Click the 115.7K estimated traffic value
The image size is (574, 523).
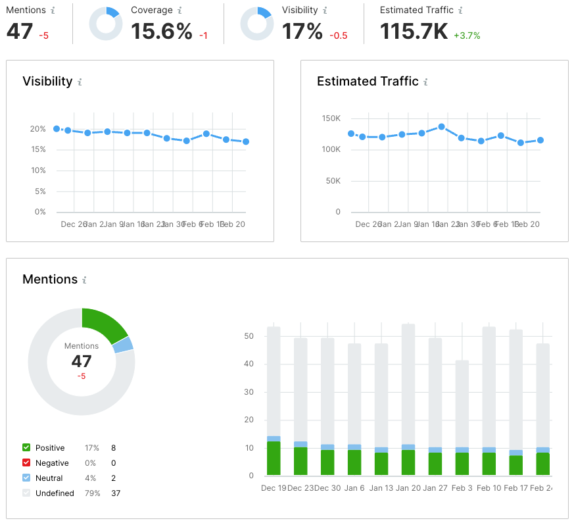[414, 31]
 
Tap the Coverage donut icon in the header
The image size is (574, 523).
[105, 24]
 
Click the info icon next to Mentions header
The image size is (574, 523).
[53, 11]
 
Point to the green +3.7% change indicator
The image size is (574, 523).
[467, 36]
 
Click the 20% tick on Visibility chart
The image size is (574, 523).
[38, 129]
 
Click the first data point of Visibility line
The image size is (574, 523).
[57, 129]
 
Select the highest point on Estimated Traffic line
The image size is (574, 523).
[442, 126]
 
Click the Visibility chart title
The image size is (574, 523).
[47, 82]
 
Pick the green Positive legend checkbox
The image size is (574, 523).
[26, 448]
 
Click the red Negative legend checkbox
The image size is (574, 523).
[26, 463]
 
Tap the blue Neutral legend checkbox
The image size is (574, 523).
[26, 478]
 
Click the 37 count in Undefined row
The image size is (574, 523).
[116, 493]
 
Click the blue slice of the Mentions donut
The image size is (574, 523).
[124, 345]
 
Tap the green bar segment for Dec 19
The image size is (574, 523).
[274, 459]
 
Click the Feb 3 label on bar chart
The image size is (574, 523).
[462, 488]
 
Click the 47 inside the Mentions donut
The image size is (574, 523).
[82, 361]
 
